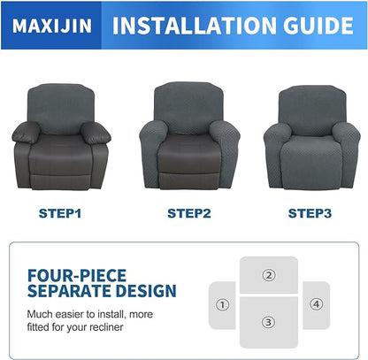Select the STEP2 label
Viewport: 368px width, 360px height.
[x=184, y=213]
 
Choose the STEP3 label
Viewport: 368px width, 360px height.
[x=309, y=213]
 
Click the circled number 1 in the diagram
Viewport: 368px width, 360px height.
[x=222, y=305]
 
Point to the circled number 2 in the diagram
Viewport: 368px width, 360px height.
[x=269, y=274]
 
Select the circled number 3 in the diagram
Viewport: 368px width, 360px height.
[x=269, y=321]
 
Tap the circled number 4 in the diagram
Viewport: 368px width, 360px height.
[x=316, y=305]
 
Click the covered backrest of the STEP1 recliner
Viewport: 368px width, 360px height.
[x=61, y=102]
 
